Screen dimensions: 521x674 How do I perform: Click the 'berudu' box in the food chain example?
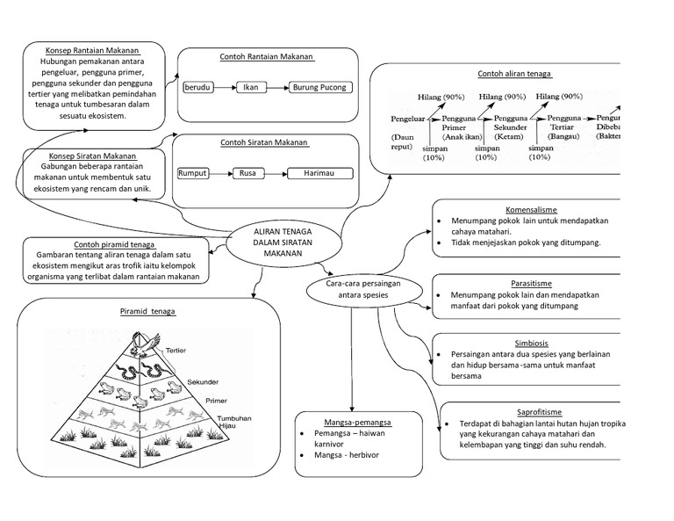(198, 88)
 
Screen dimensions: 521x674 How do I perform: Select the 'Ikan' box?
(250, 88)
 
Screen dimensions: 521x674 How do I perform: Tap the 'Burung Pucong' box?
(319, 88)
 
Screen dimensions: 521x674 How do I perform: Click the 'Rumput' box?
(192, 173)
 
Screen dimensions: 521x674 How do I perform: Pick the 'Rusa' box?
(247, 173)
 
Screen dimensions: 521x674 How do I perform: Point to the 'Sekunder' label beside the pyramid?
(202, 381)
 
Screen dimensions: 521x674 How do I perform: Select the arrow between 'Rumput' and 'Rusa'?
(220, 173)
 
